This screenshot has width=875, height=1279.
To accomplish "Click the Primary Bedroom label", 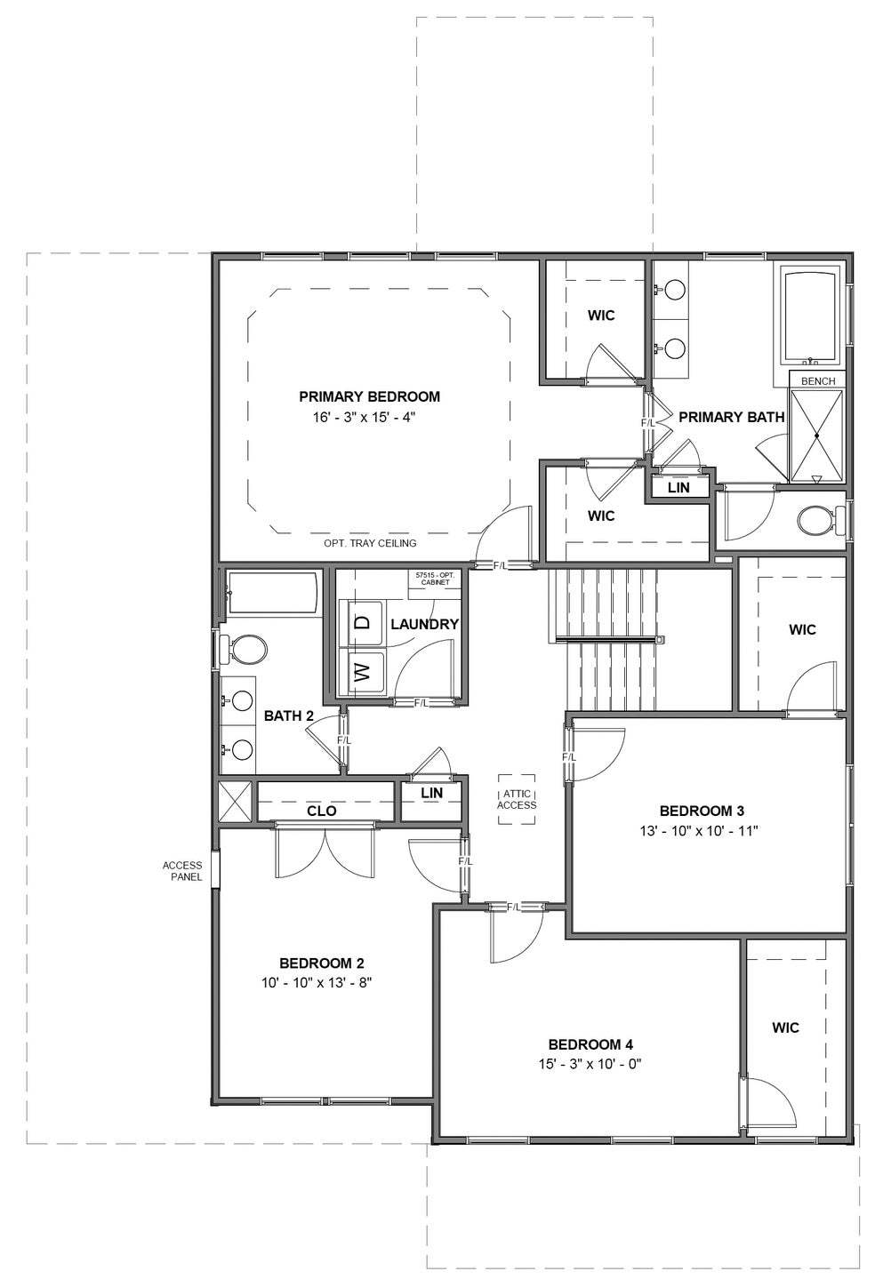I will click(x=369, y=396).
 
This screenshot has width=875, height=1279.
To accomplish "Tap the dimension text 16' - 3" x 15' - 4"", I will click(x=369, y=416).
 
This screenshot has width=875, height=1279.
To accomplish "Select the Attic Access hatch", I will click(x=517, y=799).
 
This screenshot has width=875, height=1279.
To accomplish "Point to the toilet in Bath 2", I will click(x=246, y=649).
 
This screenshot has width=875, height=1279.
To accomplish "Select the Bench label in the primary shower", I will click(x=818, y=381).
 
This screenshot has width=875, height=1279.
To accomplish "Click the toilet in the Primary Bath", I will click(x=816, y=521).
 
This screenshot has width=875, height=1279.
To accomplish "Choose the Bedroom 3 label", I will click(x=702, y=811).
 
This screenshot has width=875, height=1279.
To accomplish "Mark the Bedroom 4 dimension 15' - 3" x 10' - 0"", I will click(x=590, y=1063).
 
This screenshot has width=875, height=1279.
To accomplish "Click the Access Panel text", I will click(x=181, y=871).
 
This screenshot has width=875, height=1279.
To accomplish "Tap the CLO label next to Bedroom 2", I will click(x=321, y=811).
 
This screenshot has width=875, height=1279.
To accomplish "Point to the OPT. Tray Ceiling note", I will click(x=370, y=543).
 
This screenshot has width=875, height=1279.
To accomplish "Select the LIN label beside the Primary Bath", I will click(x=678, y=488).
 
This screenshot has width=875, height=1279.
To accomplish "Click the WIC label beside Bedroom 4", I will click(x=785, y=1027).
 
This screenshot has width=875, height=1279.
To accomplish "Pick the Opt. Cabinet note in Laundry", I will click(x=435, y=579).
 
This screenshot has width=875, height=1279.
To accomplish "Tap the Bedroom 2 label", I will click(x=321, y=963).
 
